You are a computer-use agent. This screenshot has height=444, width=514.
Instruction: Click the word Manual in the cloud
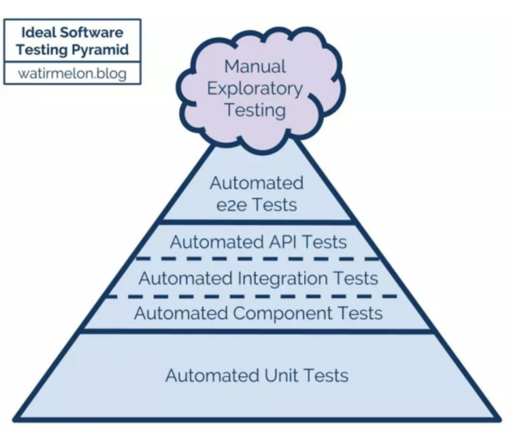point(255,66)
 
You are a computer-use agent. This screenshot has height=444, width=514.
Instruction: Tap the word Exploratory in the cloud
point(255,88)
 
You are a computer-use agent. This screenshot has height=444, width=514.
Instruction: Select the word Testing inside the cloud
point(255,110)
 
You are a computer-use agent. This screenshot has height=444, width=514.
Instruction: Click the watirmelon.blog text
point(72,73)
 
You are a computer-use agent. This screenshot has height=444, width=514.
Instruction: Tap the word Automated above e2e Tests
point(256,183)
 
